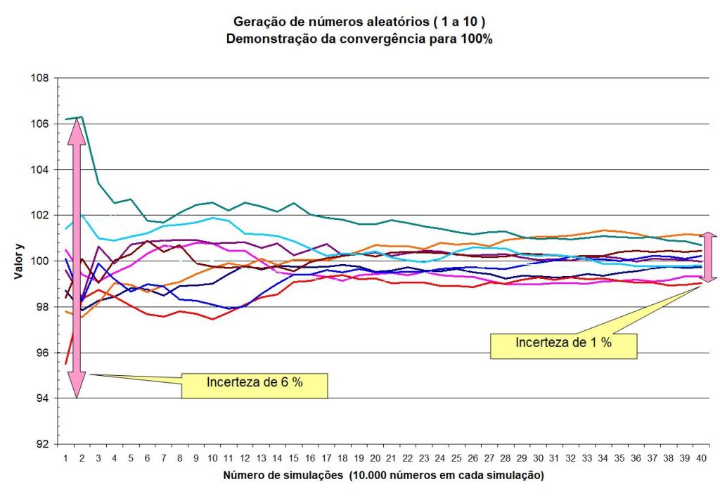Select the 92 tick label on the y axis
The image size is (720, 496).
[x=42, y=445]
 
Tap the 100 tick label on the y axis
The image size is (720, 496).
[x=40, y=261]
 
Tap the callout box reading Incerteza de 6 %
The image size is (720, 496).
[x=255, y=383]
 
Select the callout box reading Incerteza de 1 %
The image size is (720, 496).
[x=563, y=344]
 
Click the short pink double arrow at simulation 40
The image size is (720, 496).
[x=709, y=258]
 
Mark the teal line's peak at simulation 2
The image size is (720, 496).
[x=82, y=117]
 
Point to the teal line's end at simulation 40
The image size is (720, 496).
[x=700, y=244]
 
